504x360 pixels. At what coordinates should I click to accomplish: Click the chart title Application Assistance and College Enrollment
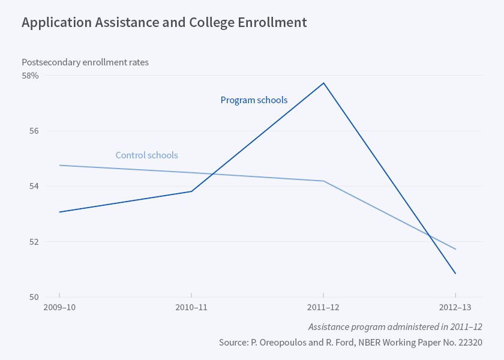coord(164,23)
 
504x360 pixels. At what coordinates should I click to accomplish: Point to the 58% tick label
coord(31,76)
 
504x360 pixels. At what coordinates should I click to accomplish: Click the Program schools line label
coord(254,100)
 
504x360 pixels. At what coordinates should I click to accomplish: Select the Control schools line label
coord(146,155)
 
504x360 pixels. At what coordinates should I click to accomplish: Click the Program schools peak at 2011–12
coord(324,83)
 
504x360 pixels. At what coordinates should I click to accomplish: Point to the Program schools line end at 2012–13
coord(455,274)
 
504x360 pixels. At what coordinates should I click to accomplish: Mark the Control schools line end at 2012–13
coord(455,249)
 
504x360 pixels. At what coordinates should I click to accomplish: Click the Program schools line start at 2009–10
coord(59,212)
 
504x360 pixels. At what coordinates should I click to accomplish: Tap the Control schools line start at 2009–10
coord(59,165)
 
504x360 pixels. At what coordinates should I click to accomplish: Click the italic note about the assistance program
coord(395,327)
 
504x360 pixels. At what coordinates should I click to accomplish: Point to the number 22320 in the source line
coord(469,343)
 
